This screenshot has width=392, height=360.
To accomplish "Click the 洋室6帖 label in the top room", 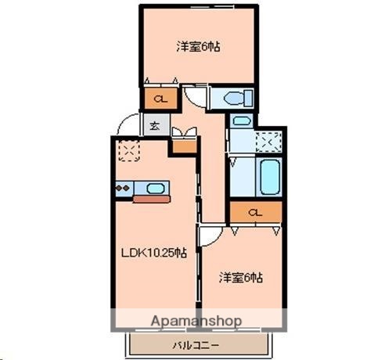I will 197,47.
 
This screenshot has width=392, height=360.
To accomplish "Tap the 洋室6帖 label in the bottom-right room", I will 240,277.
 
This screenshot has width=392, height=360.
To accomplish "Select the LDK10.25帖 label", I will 153,252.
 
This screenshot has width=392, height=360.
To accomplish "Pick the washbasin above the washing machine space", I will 241,122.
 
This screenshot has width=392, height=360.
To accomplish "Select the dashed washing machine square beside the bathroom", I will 268,142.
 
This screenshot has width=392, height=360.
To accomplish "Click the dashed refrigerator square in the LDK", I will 127,149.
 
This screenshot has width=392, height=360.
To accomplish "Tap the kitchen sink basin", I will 155,188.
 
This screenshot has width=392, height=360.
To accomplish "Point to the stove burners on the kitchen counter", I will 124,188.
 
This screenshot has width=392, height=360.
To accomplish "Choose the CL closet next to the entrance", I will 159,99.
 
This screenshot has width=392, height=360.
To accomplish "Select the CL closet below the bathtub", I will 255,212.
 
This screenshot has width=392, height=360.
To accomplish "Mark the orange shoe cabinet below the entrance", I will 183,145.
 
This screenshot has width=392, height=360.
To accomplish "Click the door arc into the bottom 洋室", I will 208,235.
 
